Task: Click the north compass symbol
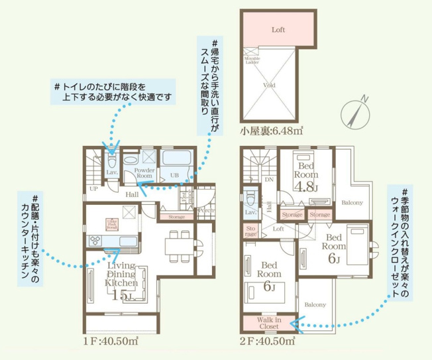point(355,113)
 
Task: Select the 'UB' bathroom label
point(174,175)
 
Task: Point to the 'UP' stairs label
point(94,189)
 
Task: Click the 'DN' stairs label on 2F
point(269,179)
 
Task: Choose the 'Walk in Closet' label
point(269,323)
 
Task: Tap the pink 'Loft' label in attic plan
point(278,30)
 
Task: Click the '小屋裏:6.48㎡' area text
point(272,131)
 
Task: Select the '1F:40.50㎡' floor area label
point(111,341)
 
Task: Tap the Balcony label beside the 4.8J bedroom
point(352,202)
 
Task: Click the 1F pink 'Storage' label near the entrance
point(176,217)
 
